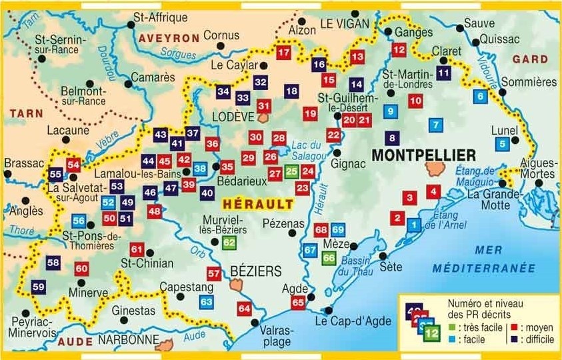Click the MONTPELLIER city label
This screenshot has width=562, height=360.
[x=423, y=155]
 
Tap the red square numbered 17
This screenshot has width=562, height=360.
[x=283, y=53]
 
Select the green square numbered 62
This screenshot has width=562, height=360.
[x=229, y=242]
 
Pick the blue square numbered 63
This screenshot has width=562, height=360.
[x=207, y=302]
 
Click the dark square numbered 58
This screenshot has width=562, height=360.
[x=54, y=263]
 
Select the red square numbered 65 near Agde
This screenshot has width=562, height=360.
[x=297, y=302]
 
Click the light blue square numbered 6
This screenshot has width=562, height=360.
[x=480, y=96]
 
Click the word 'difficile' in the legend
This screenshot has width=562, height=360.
[x=538, y=339]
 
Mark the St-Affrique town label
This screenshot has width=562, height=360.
[x=160, y=17]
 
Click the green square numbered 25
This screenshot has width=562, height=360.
[x=291, y=171]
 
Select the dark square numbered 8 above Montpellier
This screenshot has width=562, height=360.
[x=392, y=137]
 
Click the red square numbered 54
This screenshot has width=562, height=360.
[x=73, y=165]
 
